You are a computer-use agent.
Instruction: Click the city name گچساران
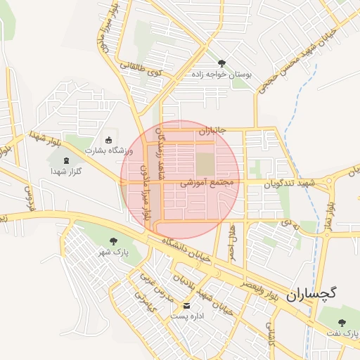[312, 295]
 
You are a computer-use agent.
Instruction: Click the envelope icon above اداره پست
[186, 306]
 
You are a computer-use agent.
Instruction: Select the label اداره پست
[186, 316]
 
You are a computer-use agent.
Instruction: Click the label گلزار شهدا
[67, 171]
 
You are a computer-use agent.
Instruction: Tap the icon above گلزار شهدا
[67, 160]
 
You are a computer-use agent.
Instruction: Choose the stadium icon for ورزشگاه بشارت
[108, 139]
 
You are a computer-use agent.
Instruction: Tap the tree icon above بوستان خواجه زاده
[222, 63]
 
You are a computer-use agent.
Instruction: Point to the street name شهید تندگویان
[290, 182]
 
